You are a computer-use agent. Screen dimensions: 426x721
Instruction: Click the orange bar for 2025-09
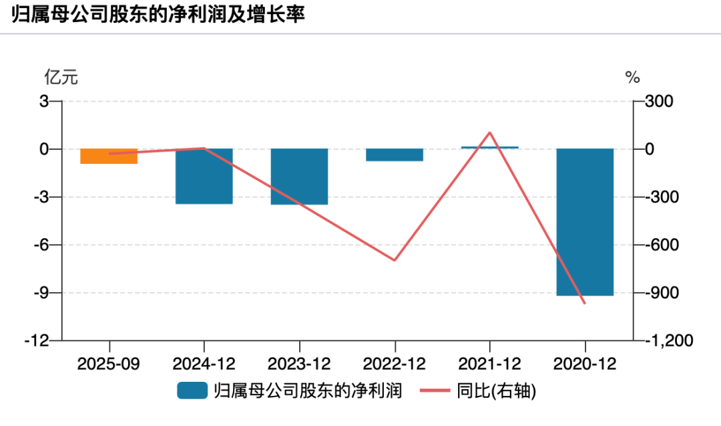pyautogui.click(x=108, y=156)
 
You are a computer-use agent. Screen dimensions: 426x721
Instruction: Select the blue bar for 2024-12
pyautogui.click(x=204, y=177)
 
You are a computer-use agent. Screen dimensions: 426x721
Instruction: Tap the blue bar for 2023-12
pyautogui.click(x=299, y=177)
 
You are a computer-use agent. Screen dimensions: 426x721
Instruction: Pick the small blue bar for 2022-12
pyautogui.click(x=395, y=155)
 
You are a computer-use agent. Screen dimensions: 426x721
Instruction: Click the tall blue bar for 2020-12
pyautogui.click(x=585, y=222)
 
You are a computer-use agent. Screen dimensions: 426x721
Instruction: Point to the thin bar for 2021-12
pyautogui.click(x=490, y=147)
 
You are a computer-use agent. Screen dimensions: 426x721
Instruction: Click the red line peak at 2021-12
pyautogui.click(x=490, y=132)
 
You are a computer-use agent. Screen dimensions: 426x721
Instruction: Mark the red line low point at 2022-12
pyautogui.click(x=395, y=260)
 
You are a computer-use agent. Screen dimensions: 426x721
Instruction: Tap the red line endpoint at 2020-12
pyautogui.click(x=585, y=304)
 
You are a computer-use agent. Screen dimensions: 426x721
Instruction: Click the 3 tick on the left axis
pyautogui.click(x=45, y=102)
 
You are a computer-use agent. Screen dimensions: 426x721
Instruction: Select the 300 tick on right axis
pyautogui.click(x=660, y=102)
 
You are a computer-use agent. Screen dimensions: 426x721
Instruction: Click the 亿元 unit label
pyautogui.click(x=61, y=78)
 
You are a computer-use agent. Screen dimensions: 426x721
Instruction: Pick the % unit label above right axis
pyautogui.click(x=632, y=78)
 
